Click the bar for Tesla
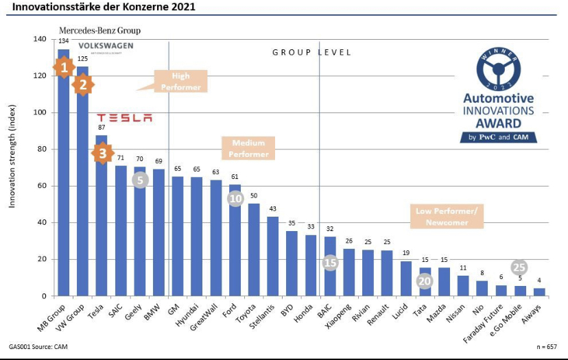tap(101, 219)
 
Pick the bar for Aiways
tap(539, 292)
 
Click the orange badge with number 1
tap(63, 67)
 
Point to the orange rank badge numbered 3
tap(102, 153)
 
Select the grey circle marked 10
tap(235, 199)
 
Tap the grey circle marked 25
tap(519, 267)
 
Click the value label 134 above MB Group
tap(63, 42)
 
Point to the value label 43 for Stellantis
tap(272, 208)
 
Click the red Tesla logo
tap(124, 118)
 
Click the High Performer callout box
tap(180, 82)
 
